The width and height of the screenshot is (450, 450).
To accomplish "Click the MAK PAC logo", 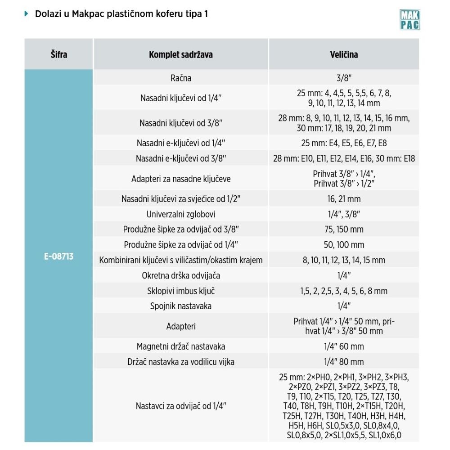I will click(x=409, y=20).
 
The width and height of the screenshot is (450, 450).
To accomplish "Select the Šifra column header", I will click(x=59, y=54).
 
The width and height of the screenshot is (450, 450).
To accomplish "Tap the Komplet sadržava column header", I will click(x=181, y=54).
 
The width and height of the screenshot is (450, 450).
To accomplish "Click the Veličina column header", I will click(x=344, y=54).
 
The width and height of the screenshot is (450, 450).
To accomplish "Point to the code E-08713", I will click(x=59, y=257).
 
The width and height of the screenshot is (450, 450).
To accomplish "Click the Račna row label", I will click(x=181, y=78).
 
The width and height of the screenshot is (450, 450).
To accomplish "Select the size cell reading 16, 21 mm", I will click(x=344, y=199).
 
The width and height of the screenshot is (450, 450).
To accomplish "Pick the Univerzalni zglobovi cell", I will click(x=181, y=214).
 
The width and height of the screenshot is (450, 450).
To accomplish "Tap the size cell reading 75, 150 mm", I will click(x=344, y=229).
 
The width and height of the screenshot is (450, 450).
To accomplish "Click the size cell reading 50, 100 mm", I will click(x=344, y=245).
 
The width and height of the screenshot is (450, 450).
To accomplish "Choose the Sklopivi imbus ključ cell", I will click(x=181, y=291).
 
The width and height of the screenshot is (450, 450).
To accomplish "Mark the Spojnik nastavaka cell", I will click(x=181, y=306).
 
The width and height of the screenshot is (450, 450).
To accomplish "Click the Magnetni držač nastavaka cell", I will click(x=181, y=346).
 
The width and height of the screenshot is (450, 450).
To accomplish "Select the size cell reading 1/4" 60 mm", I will click(x=344, y=346).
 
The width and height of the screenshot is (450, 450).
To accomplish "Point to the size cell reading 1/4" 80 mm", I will click(x=344, y=362).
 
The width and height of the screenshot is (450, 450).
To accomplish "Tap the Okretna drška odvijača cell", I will click(x=181, y=275).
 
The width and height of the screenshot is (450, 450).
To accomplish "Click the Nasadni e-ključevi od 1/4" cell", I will click(x=181, y=143).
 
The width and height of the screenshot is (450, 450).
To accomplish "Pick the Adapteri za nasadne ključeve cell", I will click(x=181, y=179).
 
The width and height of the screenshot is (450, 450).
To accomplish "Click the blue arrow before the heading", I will click(x=26, y=14).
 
